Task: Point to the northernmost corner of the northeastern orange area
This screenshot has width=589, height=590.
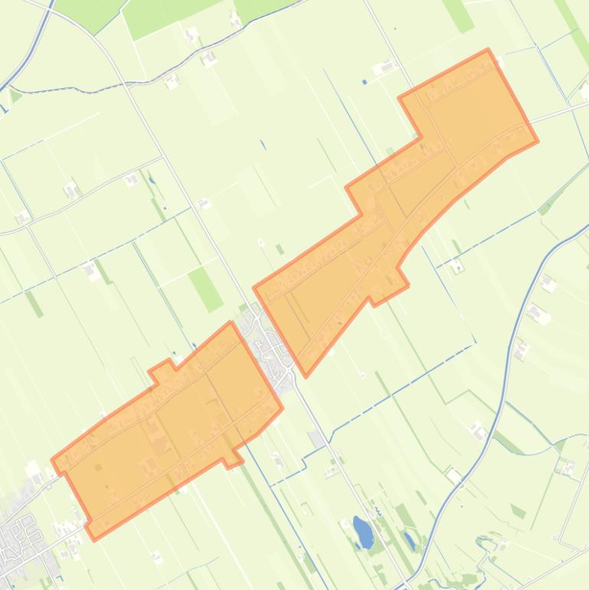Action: point(487,51)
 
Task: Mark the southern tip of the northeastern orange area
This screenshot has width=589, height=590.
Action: point(306,375)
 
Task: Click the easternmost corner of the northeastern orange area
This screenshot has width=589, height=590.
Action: point(537,141)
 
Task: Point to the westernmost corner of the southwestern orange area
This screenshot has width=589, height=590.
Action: point(52,461)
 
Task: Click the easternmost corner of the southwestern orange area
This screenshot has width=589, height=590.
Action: point(282,408)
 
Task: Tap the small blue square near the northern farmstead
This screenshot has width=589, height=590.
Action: point(365,82)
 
